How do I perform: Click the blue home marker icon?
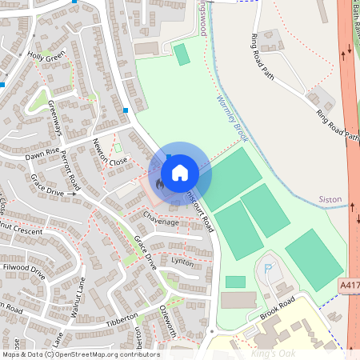180,172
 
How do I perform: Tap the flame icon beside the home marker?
160,184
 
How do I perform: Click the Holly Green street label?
46,58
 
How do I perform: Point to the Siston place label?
330,198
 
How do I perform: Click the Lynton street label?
182,262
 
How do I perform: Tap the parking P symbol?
268,270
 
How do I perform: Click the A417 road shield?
349,284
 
